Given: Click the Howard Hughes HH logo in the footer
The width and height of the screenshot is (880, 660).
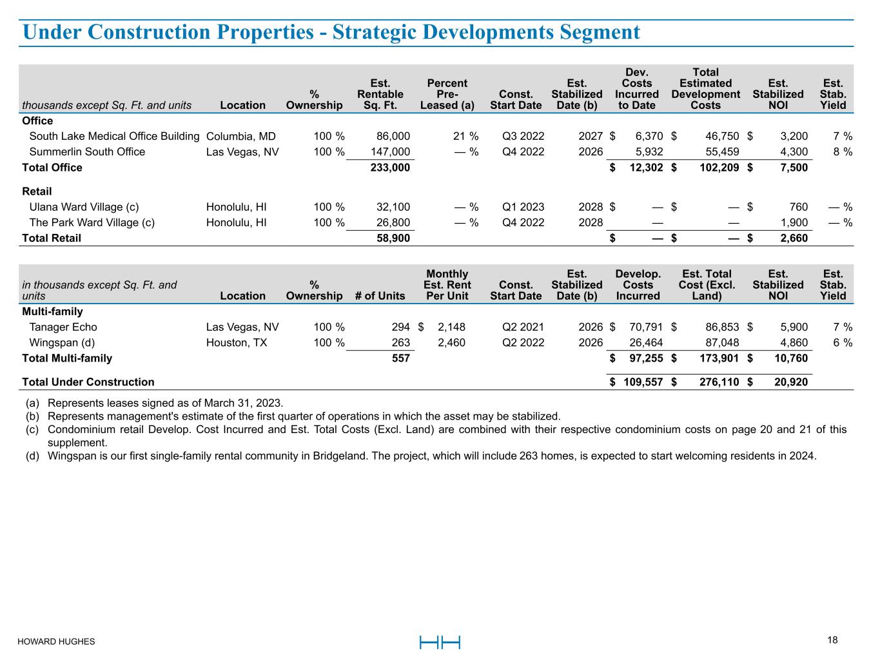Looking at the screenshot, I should pyautogui.click(x=440, y=642).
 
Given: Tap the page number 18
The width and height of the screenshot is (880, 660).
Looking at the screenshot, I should pyautogui.click(x=832, y=640).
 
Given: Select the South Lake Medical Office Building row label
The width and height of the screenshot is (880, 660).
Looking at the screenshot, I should pyautogui.click(x=114, y=136).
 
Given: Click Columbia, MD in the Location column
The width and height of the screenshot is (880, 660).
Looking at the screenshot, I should pyautogui.click(x=240, y=136).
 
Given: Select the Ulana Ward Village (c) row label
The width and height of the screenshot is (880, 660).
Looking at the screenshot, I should pyautogui.click(x=84, y=207).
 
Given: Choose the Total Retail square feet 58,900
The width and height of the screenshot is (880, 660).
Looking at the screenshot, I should pyautogui.click(x=393, y=238).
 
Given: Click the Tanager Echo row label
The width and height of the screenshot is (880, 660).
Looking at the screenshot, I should pyautogui.click(x=63, y=327).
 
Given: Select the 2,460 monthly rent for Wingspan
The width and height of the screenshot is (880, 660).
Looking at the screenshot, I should pyautogui.click(x=451, y=342).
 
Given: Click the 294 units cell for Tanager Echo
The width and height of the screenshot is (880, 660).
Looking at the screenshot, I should pyautogui.click(x=400, y=327).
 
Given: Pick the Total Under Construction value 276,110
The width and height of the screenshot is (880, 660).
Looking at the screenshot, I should pyautogui.click(x=719, y=382).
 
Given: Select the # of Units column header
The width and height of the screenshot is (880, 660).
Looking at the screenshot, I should pyautogui.click(x=380, y=296).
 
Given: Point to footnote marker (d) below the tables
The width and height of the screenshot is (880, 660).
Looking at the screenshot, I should pyautogui.click(x=32, y=456).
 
